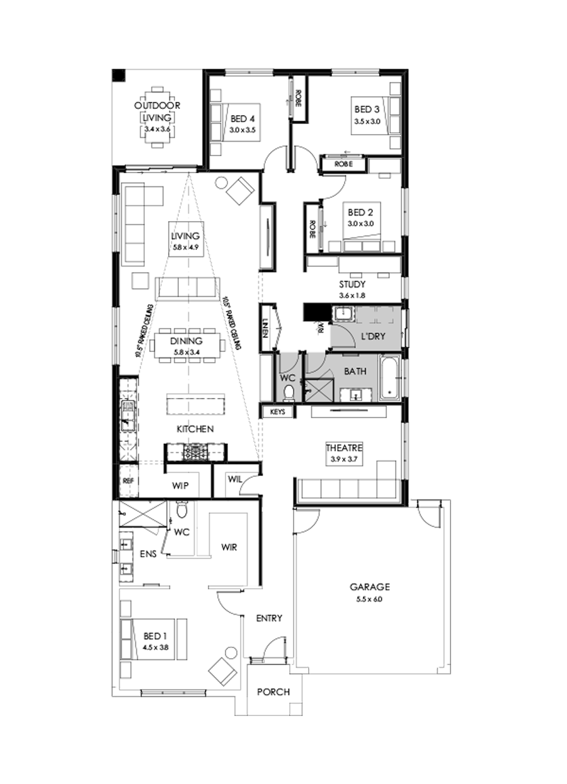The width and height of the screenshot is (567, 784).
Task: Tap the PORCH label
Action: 273,691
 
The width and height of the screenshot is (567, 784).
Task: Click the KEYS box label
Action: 278,412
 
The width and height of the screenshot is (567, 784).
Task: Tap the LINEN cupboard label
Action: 265,327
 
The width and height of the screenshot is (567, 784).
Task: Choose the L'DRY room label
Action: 372,336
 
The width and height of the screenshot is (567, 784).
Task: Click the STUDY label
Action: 353,284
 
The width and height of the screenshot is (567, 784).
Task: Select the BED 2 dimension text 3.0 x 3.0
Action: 360,223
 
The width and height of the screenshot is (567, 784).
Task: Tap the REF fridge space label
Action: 128,480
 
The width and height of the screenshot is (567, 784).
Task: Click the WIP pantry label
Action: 181,486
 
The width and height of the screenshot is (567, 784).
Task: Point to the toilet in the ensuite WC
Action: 181,508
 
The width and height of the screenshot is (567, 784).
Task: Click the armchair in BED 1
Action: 223,669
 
